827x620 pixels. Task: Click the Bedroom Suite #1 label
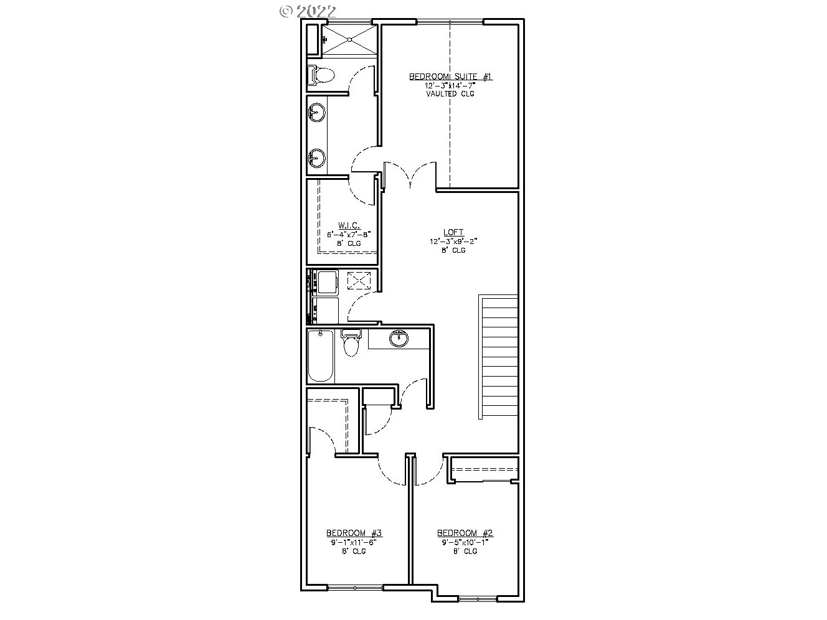pos(450,77)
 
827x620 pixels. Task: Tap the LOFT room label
pos(454,232)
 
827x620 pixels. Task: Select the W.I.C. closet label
pos(349,225)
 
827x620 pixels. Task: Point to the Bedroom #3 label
pos(354,533)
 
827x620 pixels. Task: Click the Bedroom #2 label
pos(465,533)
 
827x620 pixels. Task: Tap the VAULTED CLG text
pos(450,93)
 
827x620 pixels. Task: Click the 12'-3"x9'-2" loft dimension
pos(454,241)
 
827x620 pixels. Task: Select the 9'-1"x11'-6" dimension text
pos(354,542)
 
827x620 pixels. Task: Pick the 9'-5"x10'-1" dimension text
pos(465,542)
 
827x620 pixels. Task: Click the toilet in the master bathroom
pos(321,75)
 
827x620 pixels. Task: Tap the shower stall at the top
pos(349,40)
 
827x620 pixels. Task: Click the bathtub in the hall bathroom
pos(321,356)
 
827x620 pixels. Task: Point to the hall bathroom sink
pos(398,339)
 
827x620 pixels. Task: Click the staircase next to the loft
pos(499,357)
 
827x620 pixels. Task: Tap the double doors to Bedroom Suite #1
pos(410,176)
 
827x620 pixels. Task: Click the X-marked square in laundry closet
pos(358,280)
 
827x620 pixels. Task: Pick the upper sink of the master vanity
pos(317,113)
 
